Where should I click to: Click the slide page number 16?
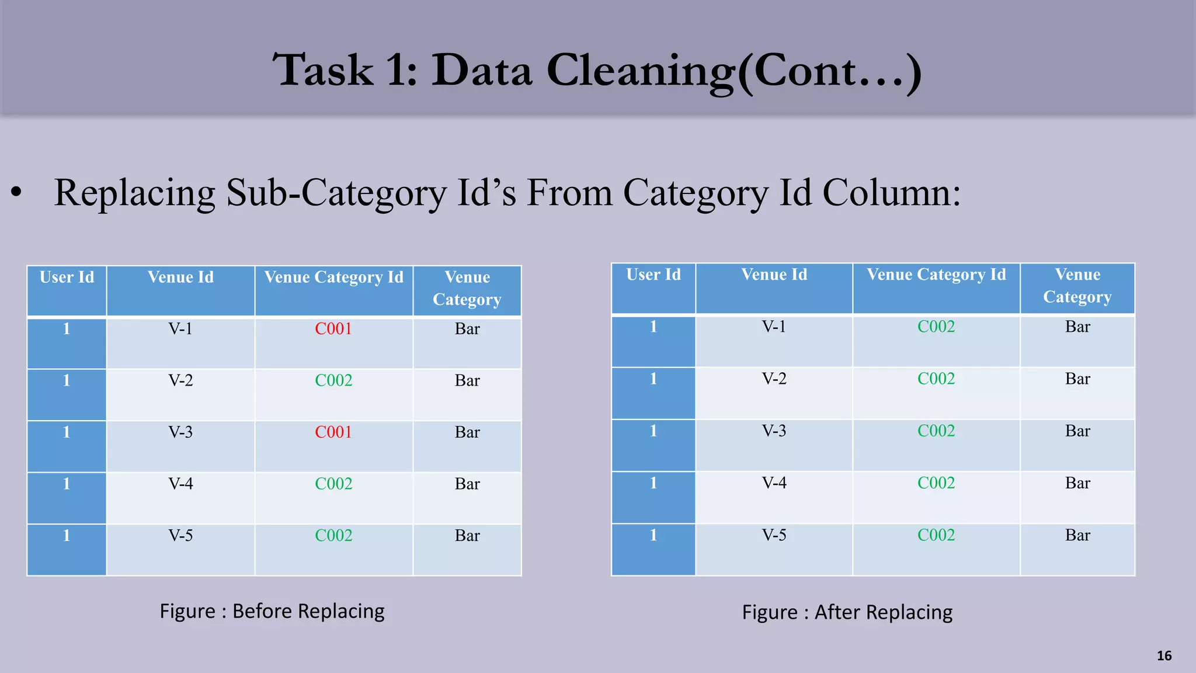[1164, 655]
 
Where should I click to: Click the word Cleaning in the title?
[641, 71]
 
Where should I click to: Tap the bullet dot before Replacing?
[16, 192]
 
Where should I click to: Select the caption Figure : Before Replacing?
[272, 611]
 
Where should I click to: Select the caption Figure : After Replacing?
[847, 612]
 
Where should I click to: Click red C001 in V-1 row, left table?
[333, 329]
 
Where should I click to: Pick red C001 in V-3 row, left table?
[333, 432]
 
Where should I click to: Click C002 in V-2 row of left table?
[333, 381]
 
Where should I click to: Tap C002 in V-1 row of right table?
[936, 327]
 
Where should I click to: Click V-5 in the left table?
[180, 536]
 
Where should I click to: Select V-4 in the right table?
[774, 483]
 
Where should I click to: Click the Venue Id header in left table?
[180, 277]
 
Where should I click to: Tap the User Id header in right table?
[653, 275]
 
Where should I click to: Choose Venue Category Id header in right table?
[936, 275]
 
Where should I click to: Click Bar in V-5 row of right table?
[1077, 535]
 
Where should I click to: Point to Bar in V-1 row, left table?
[467, 329]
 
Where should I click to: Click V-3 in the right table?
[774, 431]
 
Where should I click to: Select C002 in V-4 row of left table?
[333, 484]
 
